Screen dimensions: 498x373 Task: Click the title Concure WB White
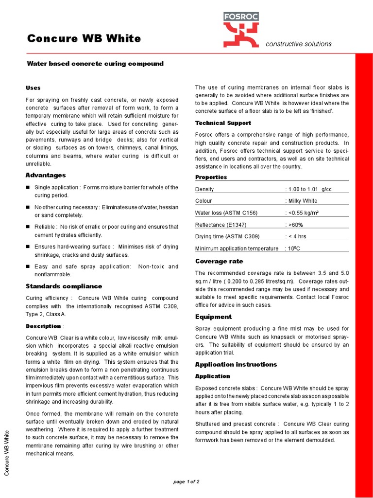click(84, 38)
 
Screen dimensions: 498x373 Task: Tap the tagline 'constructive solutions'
click(298, 44)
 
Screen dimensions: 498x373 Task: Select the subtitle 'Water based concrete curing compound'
click(95, 64)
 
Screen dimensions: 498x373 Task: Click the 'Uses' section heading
click(33, 88)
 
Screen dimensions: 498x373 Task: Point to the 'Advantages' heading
click(46, 175)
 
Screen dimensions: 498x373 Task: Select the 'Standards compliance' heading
click(64, 286)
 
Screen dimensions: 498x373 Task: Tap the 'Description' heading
click(43, 326)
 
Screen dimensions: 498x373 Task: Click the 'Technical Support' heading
click(223, 123)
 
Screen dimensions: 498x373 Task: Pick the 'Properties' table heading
click(211, 177)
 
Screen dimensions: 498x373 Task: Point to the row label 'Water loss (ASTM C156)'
click(226, 213)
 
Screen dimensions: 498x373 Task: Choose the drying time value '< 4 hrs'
click(297, 236)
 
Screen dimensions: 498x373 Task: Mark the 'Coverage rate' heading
click(219, 261)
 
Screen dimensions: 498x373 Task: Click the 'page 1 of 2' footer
click(186, 481)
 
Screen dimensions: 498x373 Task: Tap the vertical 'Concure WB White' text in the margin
click(7, 453)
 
